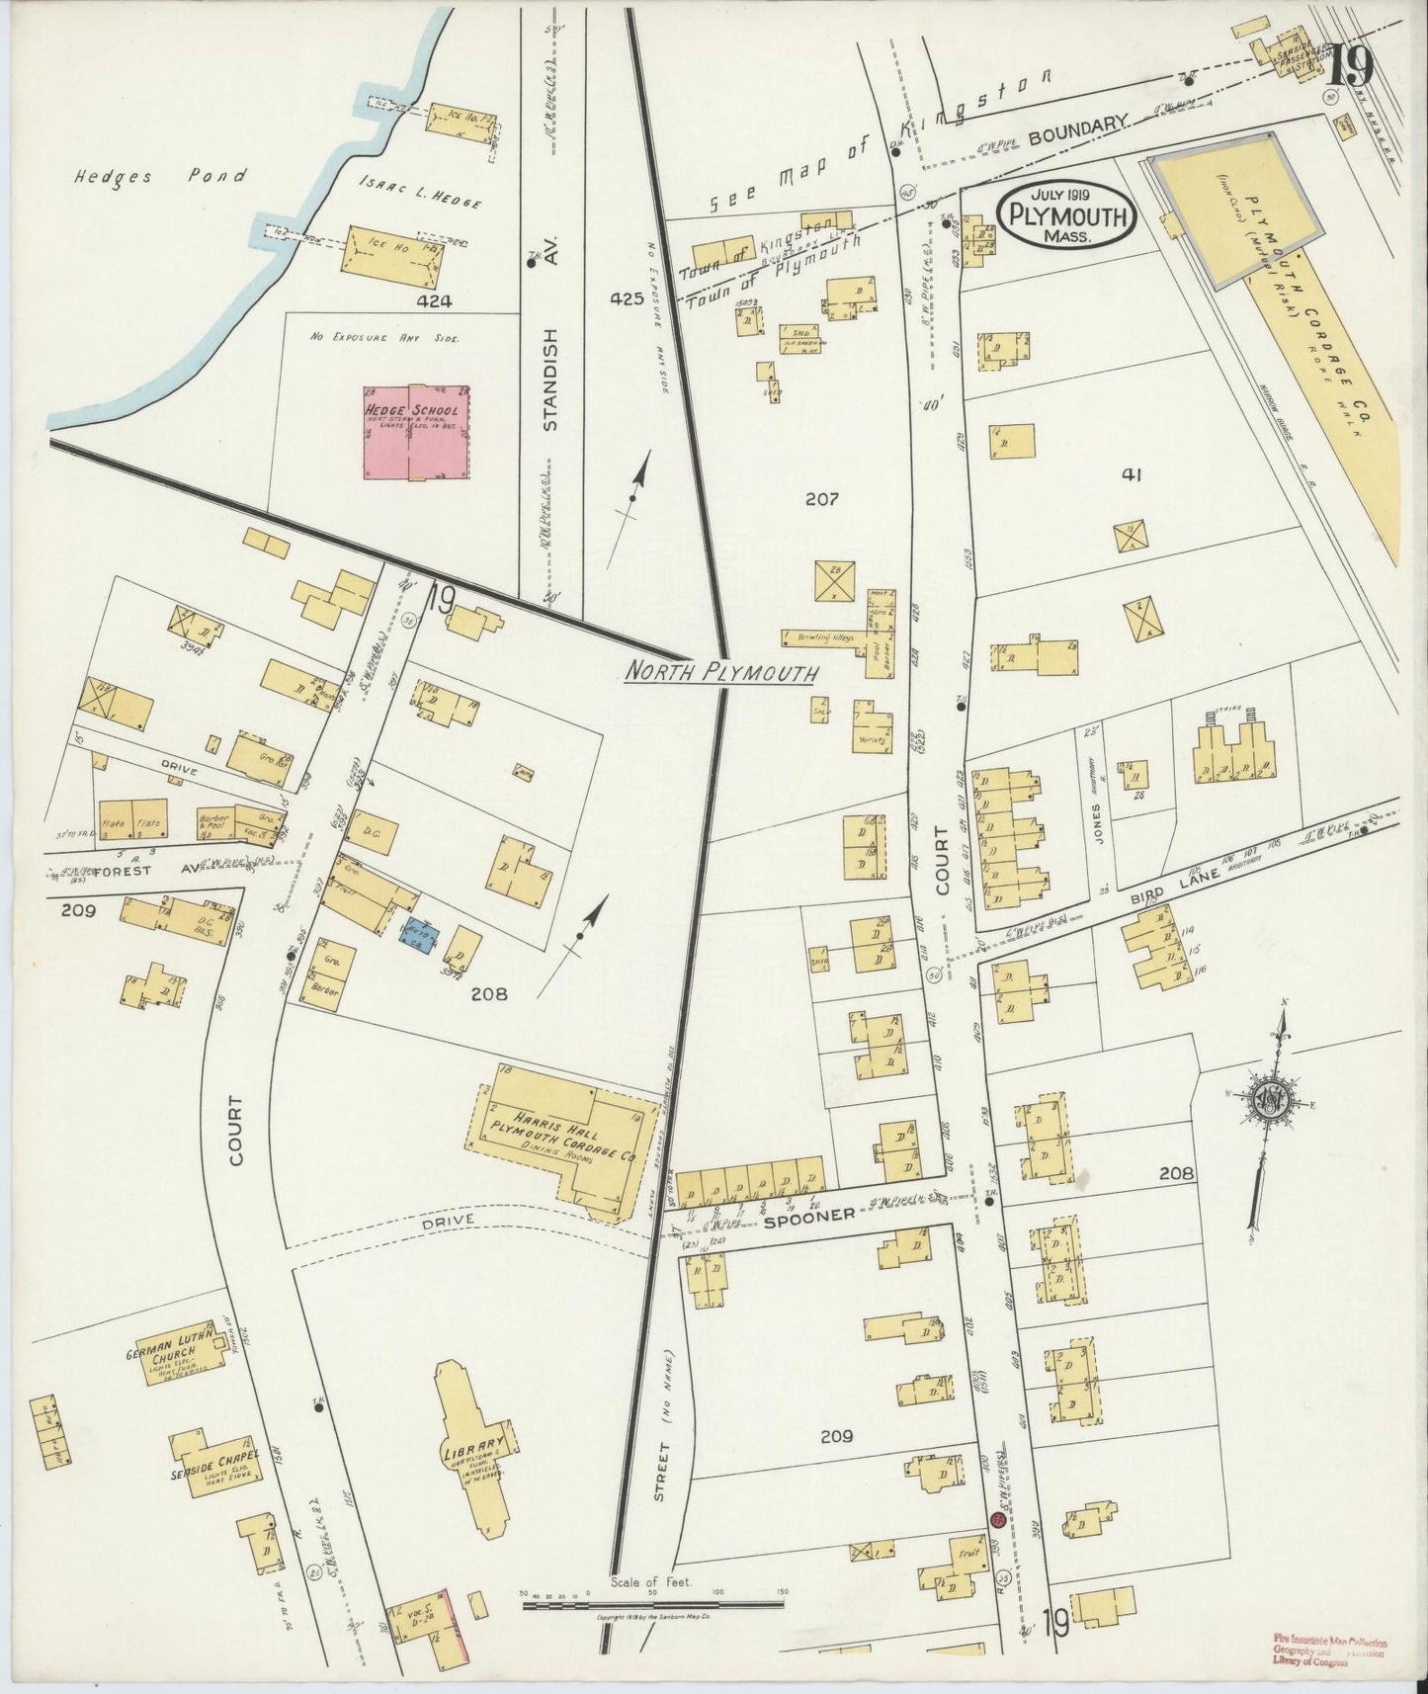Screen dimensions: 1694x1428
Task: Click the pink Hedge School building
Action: [x=416, y=433]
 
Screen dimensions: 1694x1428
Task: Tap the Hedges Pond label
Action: [x=160, y=177]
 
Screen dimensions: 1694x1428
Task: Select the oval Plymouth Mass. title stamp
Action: [x=1064, y=214]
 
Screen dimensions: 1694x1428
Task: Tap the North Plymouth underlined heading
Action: [x=722, y=673]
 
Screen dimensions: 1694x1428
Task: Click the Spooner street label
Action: [x=808, y=1217]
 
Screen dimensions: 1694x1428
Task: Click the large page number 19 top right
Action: [x=1350, y=66]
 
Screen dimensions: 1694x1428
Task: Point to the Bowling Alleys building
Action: [x=825, y=637]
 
